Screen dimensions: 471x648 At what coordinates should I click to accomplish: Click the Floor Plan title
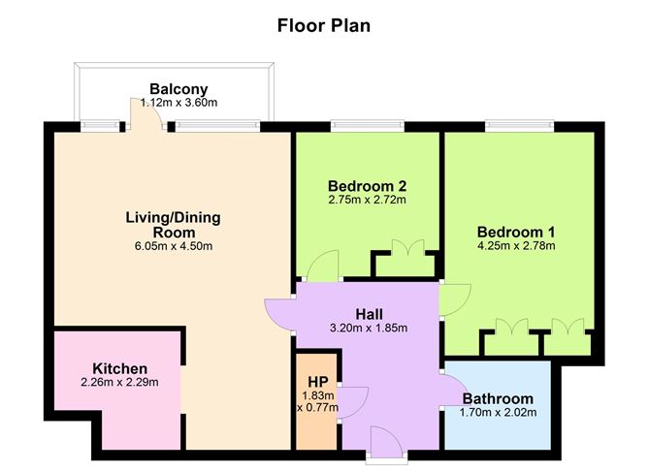click(x=323, y=24)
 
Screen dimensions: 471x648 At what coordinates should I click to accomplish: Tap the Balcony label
click(x=178, y=88)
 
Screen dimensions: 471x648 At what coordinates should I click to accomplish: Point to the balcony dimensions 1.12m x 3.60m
click(x=178, y=102)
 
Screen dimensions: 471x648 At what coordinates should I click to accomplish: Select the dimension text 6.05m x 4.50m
click(x=173, y=246)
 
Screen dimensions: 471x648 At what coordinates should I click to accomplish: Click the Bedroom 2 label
click(x=366, y=186)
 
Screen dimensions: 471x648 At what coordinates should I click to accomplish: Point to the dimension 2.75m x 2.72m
click(x=366, y=201)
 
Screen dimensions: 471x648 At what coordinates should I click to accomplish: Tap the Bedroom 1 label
click(x=515, y=232)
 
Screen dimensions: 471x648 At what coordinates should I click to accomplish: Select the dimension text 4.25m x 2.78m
click(x=515, y=246)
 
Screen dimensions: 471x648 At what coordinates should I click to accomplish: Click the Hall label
click(x=368, y=314)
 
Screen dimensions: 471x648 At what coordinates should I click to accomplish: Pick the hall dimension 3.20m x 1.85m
click(x=368, y=328)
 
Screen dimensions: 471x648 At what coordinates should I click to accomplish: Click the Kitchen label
click(x=119, y=368)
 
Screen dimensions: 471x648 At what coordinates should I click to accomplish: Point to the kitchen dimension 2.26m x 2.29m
click(x=119, y=382)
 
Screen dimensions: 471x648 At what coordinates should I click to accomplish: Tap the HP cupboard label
click(x=317, y=381)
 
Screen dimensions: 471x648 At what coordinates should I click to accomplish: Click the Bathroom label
click(x=498, y=398)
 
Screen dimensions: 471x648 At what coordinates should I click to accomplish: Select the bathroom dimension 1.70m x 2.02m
click(x=498, y=413)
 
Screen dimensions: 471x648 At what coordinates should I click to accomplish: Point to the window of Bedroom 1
click(x=520, y=125)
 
